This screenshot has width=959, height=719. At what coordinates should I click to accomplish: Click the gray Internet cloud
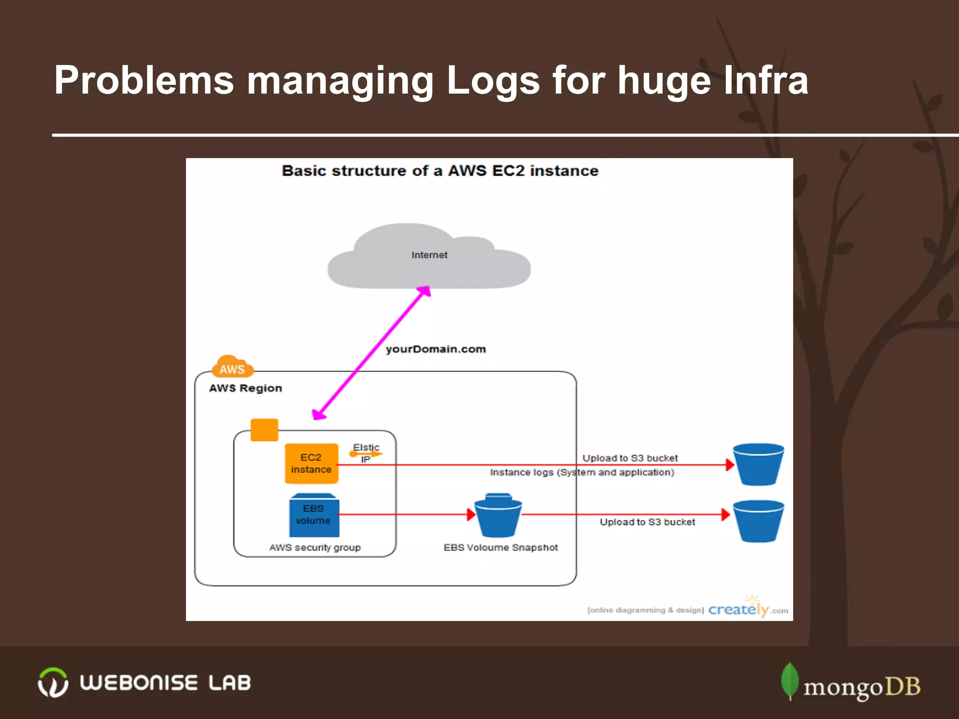point(428,262)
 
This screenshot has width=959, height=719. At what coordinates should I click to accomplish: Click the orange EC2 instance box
point(311,463)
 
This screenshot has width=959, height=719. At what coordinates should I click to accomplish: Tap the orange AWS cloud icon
point(232,367)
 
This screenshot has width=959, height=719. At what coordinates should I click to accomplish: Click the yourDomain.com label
point(435,349)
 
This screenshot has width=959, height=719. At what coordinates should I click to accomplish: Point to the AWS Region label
point(245,388)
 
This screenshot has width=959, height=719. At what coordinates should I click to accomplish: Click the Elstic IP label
point(366,453)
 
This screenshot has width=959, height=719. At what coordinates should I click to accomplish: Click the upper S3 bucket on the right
point(758,464)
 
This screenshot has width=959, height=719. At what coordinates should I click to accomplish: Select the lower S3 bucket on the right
point(758,521)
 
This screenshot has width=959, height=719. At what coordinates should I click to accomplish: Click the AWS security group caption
point(315,547)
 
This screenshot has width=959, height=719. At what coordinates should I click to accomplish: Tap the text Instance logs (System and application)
point(582,472)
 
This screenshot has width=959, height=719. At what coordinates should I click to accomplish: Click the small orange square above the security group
point(265,430)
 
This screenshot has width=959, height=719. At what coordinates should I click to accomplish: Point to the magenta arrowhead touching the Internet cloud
point(424,292)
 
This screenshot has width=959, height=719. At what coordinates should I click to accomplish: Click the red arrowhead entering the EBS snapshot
point(471,514)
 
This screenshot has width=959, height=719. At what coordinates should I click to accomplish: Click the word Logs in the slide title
point(493,81)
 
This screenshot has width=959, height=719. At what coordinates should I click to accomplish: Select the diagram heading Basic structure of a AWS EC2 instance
point(440,171)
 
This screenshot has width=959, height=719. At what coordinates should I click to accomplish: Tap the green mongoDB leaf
point(789,680)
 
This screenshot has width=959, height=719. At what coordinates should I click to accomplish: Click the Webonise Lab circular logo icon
point(53,682)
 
